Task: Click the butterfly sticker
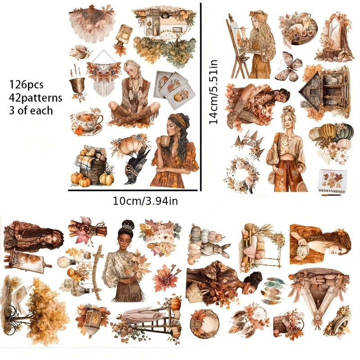[288, 66]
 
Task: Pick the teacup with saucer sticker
[87, 121]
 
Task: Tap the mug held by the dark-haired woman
[165, 141]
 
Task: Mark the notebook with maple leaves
[332, 181]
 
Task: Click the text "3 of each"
[31, 110]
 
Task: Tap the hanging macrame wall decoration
[103, 76]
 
